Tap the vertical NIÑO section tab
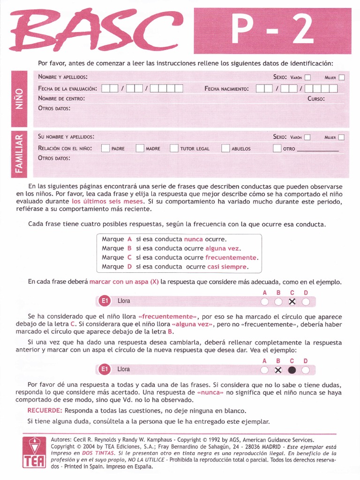click(20, 99)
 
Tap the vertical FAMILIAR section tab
click(20, 154)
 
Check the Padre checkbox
click(105, 149)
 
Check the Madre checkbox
click(140, 149)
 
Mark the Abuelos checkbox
click(225, 149)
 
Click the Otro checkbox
click(277, 149)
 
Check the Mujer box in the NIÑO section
click(342, 77)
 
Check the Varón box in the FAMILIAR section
click(307, 137)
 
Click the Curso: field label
click(316, 99)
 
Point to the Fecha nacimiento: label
click(227, 89)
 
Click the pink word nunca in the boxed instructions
click(193, 239)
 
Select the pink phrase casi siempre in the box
click(227, 267)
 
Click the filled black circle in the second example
click(292, 370)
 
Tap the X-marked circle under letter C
click(292, 301)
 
